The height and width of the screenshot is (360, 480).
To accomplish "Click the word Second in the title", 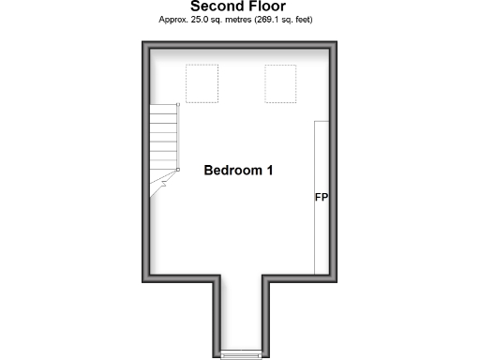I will pyautogui.click(x=216, y=7).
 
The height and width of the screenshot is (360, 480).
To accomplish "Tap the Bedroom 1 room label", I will pyautogui.click(x=238, y=171).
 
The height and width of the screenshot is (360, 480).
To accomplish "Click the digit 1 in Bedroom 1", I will pyautogui.click(x=270, y=171).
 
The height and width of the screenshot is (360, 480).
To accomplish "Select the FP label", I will pyautogui.click(x=320, y=199).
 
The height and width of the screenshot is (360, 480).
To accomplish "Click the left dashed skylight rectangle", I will pyautogui.click(x=202, y=82).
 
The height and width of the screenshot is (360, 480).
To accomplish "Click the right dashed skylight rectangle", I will pyautogui.click(x=280, y=82).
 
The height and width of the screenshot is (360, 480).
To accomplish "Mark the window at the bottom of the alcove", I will pyautogui.click(x=240, y=355).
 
